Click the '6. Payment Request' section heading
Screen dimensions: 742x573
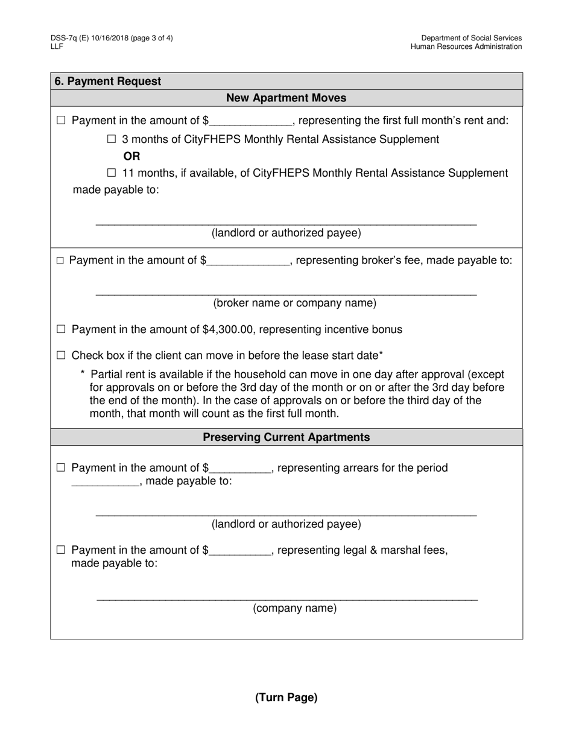(108, 81)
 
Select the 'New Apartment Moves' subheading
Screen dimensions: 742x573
(286, 98)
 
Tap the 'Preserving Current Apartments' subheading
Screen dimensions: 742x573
(286, 437)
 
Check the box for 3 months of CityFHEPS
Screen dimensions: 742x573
(112, 139)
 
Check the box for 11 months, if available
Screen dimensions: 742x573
(112, 173)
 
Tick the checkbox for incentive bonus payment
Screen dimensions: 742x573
(61, 329)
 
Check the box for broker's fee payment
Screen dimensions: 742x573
(60, 261)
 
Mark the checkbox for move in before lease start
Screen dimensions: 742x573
(61, 355)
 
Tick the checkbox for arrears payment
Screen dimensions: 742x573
(61, 468)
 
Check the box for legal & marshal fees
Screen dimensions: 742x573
(61, 550)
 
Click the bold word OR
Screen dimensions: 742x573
(131, 156)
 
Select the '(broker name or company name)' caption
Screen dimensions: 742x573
(286, 303)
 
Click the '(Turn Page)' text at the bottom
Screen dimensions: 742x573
(286, 697)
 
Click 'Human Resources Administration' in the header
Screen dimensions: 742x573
(466, 46)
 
